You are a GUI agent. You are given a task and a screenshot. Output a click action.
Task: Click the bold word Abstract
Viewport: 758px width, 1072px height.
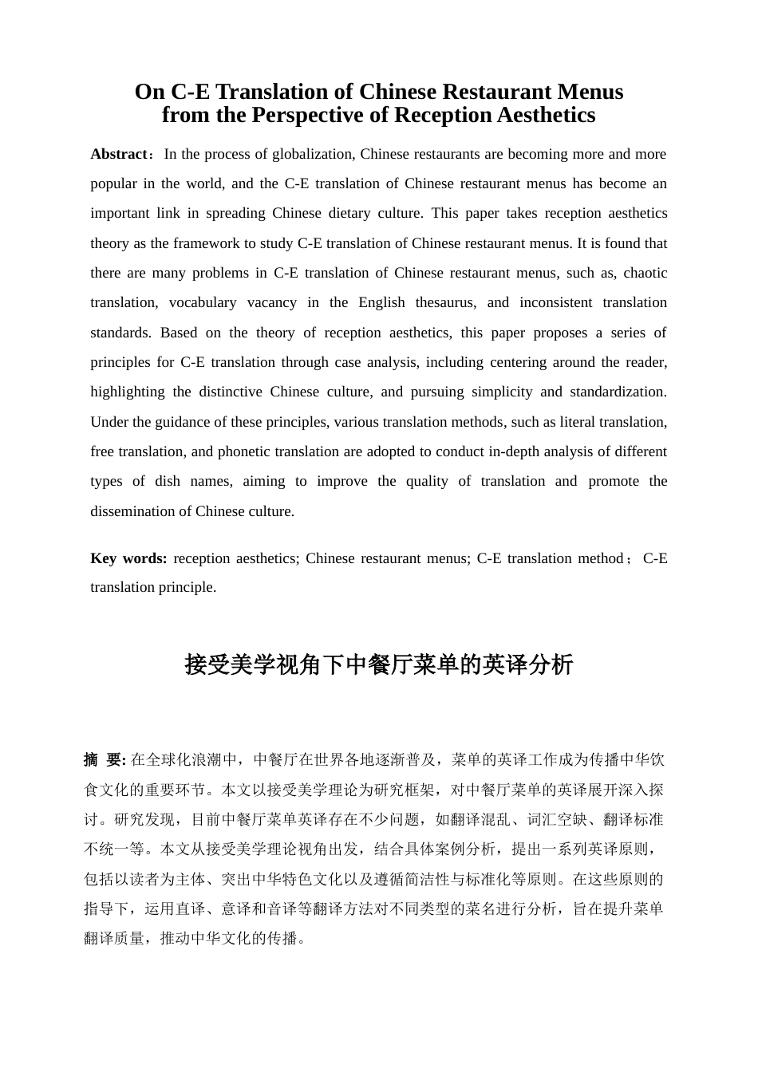pyautogui.click(x=119, y=154)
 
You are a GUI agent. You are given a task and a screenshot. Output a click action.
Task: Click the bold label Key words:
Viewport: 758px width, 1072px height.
pyautogui.click(x=128, y=558)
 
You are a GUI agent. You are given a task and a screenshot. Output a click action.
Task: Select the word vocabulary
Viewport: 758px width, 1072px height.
pyautogui.click(x=203, y=302)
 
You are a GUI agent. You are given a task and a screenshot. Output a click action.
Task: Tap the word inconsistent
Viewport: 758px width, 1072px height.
pyautogui.click(x=554, y=302)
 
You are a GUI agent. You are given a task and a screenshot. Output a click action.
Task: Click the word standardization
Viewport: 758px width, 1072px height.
pyautogui.click(x=618, y=392)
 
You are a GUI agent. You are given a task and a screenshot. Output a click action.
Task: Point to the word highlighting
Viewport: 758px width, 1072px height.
pyautogui.click(x=128, y=392)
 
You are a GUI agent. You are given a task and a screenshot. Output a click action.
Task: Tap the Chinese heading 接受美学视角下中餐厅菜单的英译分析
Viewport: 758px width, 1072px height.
pyautogui.click(x=379, y=664)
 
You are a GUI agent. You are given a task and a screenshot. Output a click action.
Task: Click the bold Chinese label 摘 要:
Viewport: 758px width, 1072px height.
pyautogui.click(x=105, y=759)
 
